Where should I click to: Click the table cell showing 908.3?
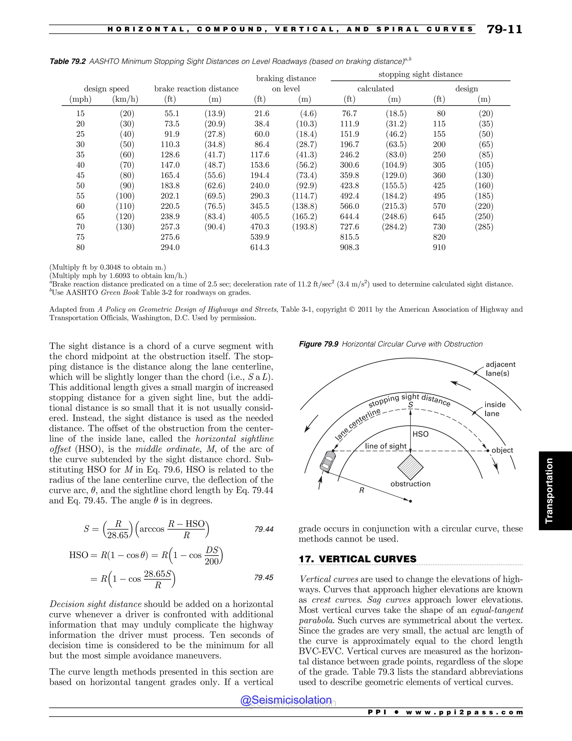pyautogui.click(x=349, y=247)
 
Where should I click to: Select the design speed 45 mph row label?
pyautogui.click(x=80, y=175)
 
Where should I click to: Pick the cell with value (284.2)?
pyautogui.click(x=394, y=227)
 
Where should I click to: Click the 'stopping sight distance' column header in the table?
pyautogui.click(x=420, y=74)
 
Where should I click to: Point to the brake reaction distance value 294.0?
pyautogui.click(x=170, y=247)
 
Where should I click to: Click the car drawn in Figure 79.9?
pyautogui.click(x=328, y=461)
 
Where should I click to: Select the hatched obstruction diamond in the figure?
pyautogui.click(x=410, y=467)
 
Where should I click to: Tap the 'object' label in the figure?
pyautogui.click(x=502, y=450)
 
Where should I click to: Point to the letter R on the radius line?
pyautogui.click(x=362, y=490)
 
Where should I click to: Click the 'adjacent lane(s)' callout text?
pyautogui.click(x=500, y=369)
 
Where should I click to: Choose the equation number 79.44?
pyautogui.click(x=264, y=529)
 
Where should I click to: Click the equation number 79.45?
pyautogui.click(x=264, y=577)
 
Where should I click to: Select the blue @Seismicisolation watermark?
pyautogui.click(x=286, y=700)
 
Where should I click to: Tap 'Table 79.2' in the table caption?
pyautogui.click(x=67, y=62)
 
